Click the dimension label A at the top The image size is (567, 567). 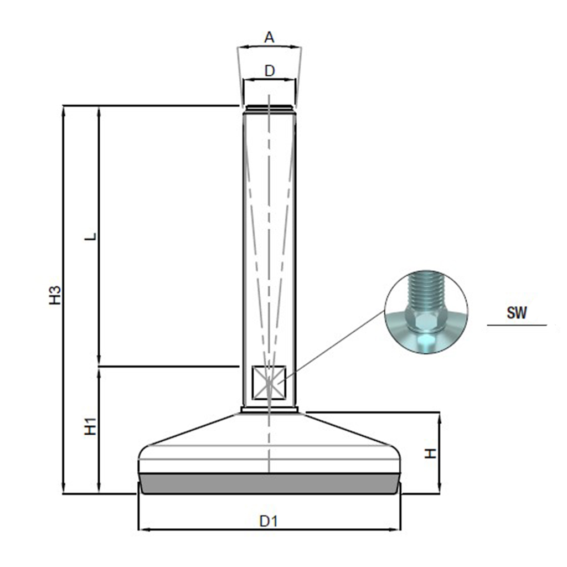[270, 37]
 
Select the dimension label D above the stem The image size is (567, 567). [270, 71]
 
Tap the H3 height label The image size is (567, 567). [55, 295]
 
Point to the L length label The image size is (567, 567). [91, 236]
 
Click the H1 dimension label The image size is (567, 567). [90, 426]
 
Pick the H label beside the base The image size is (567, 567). [431, 453]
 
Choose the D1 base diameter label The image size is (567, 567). [269, 521]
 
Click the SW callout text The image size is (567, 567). [517, 312]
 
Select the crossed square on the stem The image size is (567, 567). [269, 383]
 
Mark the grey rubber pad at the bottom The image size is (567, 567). [270, 483]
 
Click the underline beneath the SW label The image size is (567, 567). [517, 325]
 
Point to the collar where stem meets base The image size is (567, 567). [270, 410]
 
